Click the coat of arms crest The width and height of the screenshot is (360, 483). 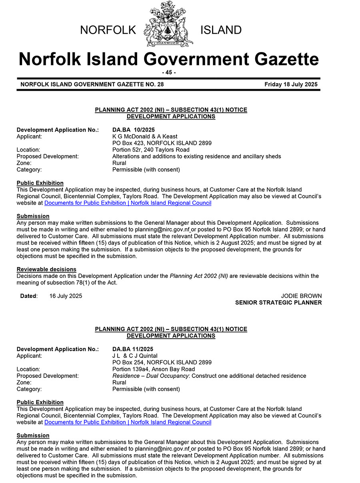(x=168, y=25)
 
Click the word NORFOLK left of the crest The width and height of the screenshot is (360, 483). (x=108, y=30)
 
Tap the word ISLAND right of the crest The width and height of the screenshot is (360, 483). (x=221, y=30)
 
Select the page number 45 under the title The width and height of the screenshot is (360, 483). (x=169, y=72)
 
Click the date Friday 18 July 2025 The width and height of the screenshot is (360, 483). (x=291, y=84)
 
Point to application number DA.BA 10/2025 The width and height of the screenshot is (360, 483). (x=134, y=130)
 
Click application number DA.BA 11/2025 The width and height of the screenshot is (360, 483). (x=133, y=349)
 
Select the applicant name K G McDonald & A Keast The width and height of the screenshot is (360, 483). (x=145, y=137)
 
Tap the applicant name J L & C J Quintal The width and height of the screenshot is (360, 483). (x=135, y=356)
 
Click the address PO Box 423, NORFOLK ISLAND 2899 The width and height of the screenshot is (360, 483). (x=162, y=143)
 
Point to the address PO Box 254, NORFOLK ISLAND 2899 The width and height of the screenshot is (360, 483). (x=162, y=363)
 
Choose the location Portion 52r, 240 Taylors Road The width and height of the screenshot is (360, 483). (x=151, y=150)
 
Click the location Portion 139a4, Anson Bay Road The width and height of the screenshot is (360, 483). (x=154, y=369)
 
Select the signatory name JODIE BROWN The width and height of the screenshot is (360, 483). (x=301, y=296)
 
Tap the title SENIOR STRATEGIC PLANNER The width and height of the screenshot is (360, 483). (x=278, y=303)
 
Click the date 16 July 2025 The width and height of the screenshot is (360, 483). (x=66, y=296)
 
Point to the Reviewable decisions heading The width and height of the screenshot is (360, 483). (x=46, y=269)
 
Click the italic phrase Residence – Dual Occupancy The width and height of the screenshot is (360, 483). (x=151, y=376)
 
